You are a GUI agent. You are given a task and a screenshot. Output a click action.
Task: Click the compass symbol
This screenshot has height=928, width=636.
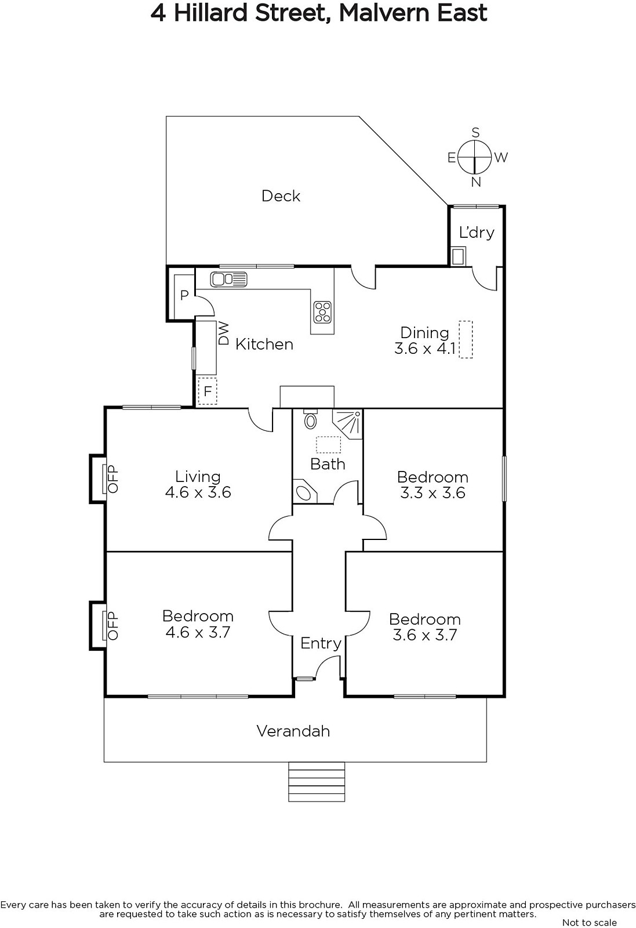pos(475,157)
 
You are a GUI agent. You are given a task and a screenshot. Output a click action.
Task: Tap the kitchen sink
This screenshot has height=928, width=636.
pos(228,279)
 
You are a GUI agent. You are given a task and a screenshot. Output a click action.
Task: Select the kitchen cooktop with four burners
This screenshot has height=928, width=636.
pos(322,311)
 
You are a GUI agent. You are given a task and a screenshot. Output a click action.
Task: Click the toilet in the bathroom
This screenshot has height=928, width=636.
pos(311,419)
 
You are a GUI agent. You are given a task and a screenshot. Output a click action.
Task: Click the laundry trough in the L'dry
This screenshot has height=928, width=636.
pos(458,256)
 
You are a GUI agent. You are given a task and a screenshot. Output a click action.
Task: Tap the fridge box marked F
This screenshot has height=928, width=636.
pos(207,391)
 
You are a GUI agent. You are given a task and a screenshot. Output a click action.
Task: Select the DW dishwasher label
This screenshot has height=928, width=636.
pos(224,333)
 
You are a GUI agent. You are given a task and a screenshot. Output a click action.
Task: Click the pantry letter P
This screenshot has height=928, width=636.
pos(184,295)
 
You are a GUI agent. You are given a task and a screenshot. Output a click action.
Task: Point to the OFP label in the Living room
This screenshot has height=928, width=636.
pos(113,479)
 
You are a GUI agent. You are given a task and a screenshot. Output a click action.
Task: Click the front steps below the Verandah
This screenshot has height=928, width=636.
pos(317,782)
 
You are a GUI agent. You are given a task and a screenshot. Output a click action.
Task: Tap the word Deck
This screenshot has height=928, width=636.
pos(281,196)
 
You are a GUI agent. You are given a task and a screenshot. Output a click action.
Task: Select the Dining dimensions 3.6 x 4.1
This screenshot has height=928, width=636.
pos(425,349)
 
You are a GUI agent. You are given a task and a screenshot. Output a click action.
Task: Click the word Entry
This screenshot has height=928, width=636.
pos(321,643)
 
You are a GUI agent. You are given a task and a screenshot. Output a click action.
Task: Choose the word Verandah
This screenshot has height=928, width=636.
pos(293,731)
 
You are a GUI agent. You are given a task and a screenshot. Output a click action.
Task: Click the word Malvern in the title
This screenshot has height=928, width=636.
pos(382,13)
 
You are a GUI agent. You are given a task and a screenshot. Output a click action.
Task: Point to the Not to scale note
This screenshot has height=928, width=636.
pos(589,922)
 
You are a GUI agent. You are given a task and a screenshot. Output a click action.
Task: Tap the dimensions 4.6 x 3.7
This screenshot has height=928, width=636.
pos(198,632)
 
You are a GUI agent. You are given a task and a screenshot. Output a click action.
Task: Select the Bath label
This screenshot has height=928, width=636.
pos(328,464)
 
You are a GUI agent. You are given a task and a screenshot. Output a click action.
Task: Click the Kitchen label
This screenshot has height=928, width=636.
pos(264,344)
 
